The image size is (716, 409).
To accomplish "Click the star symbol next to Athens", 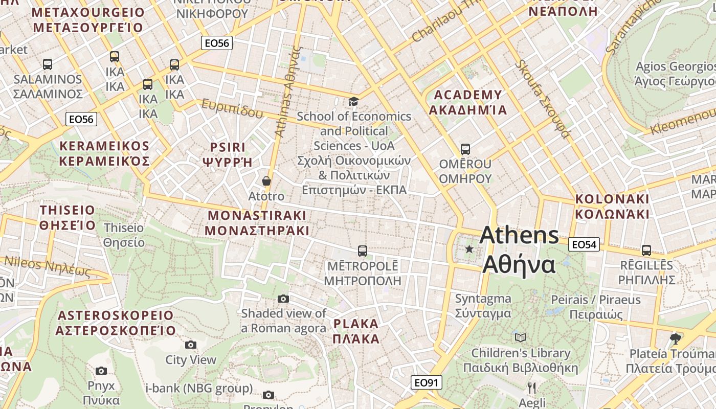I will tap(469, 249).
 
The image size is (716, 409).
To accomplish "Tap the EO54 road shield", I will tap(584, 245).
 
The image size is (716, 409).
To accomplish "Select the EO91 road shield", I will tap(426, 382).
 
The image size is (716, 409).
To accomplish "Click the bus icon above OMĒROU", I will tap(465, 149).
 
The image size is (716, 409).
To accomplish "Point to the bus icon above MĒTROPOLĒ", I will tap(363, 251).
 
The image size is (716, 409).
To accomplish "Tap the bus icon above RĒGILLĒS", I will tap(646, 251).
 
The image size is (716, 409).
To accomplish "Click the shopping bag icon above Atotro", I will tap(266, 181).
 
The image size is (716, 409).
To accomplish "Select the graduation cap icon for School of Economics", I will tap(353, 101).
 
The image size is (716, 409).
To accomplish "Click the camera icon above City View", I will tap(191, 345).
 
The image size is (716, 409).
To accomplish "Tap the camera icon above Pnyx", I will tap(101, 371).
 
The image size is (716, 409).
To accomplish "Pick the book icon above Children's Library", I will tap(521, 337).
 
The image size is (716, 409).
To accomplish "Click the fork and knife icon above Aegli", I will tap(532, 387).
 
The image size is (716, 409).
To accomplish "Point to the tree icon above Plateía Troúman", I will tap(676, 338).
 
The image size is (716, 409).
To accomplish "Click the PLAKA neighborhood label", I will tap(356, 331).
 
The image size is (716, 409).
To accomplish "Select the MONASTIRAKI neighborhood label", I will tap(257, 222).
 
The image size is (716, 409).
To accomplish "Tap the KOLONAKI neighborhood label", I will tap(612, 206).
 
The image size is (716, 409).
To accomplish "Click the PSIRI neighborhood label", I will tap(228, 154).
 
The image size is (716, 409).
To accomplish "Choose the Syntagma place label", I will tap(483, 305).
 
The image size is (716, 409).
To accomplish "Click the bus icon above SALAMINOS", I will tap(48, 64).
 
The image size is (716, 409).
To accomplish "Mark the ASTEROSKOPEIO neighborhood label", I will tap(116, 323).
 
